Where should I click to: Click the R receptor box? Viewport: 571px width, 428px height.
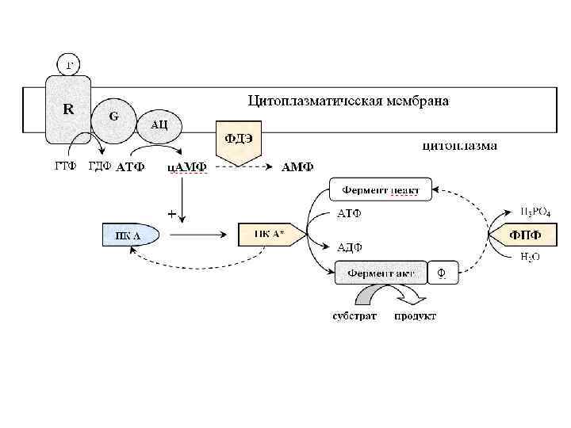tap(69, 111)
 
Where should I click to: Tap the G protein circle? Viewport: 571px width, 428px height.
tap(114, 117)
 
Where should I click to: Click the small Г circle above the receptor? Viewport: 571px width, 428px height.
tap(69, 63)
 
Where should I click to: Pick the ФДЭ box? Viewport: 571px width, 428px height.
tap(238, 139)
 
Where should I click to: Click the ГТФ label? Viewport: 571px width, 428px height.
tap(65, 166)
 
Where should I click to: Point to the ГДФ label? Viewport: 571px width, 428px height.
tap(99, 166)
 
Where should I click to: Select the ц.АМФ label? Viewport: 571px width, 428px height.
tap(187, 167)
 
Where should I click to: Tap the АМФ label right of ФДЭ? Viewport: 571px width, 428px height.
tap(298, 167)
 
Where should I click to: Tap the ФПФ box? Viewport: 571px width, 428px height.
tap(525, 234)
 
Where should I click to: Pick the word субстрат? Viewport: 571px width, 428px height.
tap(354, 316)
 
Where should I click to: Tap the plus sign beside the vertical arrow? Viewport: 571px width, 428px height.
tap(171, 214)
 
